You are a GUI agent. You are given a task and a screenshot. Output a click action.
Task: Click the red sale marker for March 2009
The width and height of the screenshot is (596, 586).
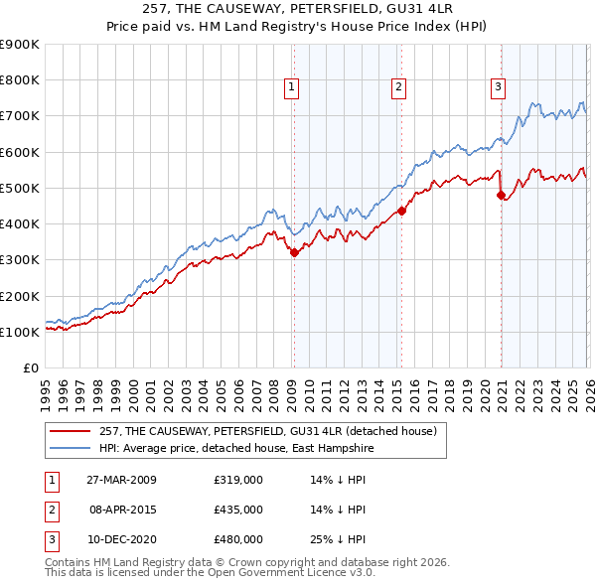(x=294, y=253)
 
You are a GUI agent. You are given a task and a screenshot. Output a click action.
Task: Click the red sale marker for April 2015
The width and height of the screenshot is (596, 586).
(x=401, y=211)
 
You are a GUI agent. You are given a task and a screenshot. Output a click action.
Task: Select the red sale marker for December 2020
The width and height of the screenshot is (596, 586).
(x=501, y=195)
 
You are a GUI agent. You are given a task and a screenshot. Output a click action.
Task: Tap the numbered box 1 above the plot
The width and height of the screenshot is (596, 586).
(x=292, y=87)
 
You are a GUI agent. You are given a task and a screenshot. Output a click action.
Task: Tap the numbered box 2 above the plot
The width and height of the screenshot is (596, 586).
(x=398, y=87)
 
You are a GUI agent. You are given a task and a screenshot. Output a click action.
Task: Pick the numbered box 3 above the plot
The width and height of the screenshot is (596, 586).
(x=498, y=87)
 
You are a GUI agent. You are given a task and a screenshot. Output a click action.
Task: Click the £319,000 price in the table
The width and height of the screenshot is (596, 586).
(x=238, y=480)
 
